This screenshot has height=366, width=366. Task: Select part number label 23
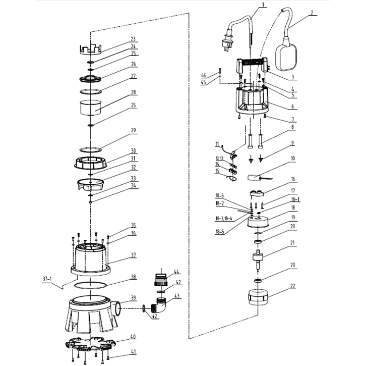click(133, 39)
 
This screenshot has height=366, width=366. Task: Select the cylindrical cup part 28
click(91, 108)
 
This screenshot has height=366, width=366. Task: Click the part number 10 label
click(292, 158)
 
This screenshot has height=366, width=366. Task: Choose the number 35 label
click(133, 225)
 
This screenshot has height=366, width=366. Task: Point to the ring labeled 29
click(91, 149)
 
